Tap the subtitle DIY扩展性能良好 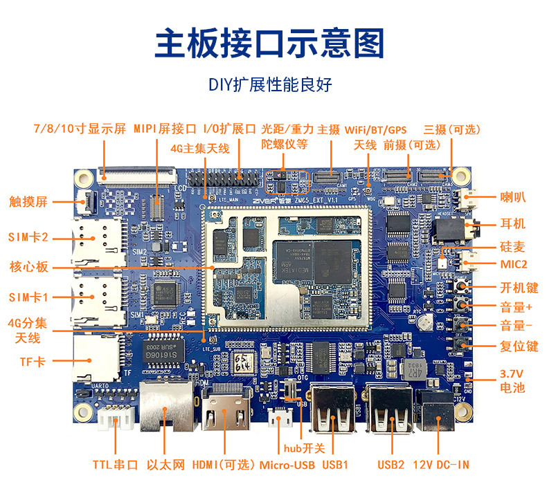[270, 85]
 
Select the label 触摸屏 [28, 202]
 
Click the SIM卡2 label [29, 236]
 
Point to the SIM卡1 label [29, 297]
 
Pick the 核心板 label [28, 267]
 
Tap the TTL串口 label [116, 464]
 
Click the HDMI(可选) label [224, 464]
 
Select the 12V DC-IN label [440, 464]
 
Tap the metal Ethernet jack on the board [165, 405]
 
